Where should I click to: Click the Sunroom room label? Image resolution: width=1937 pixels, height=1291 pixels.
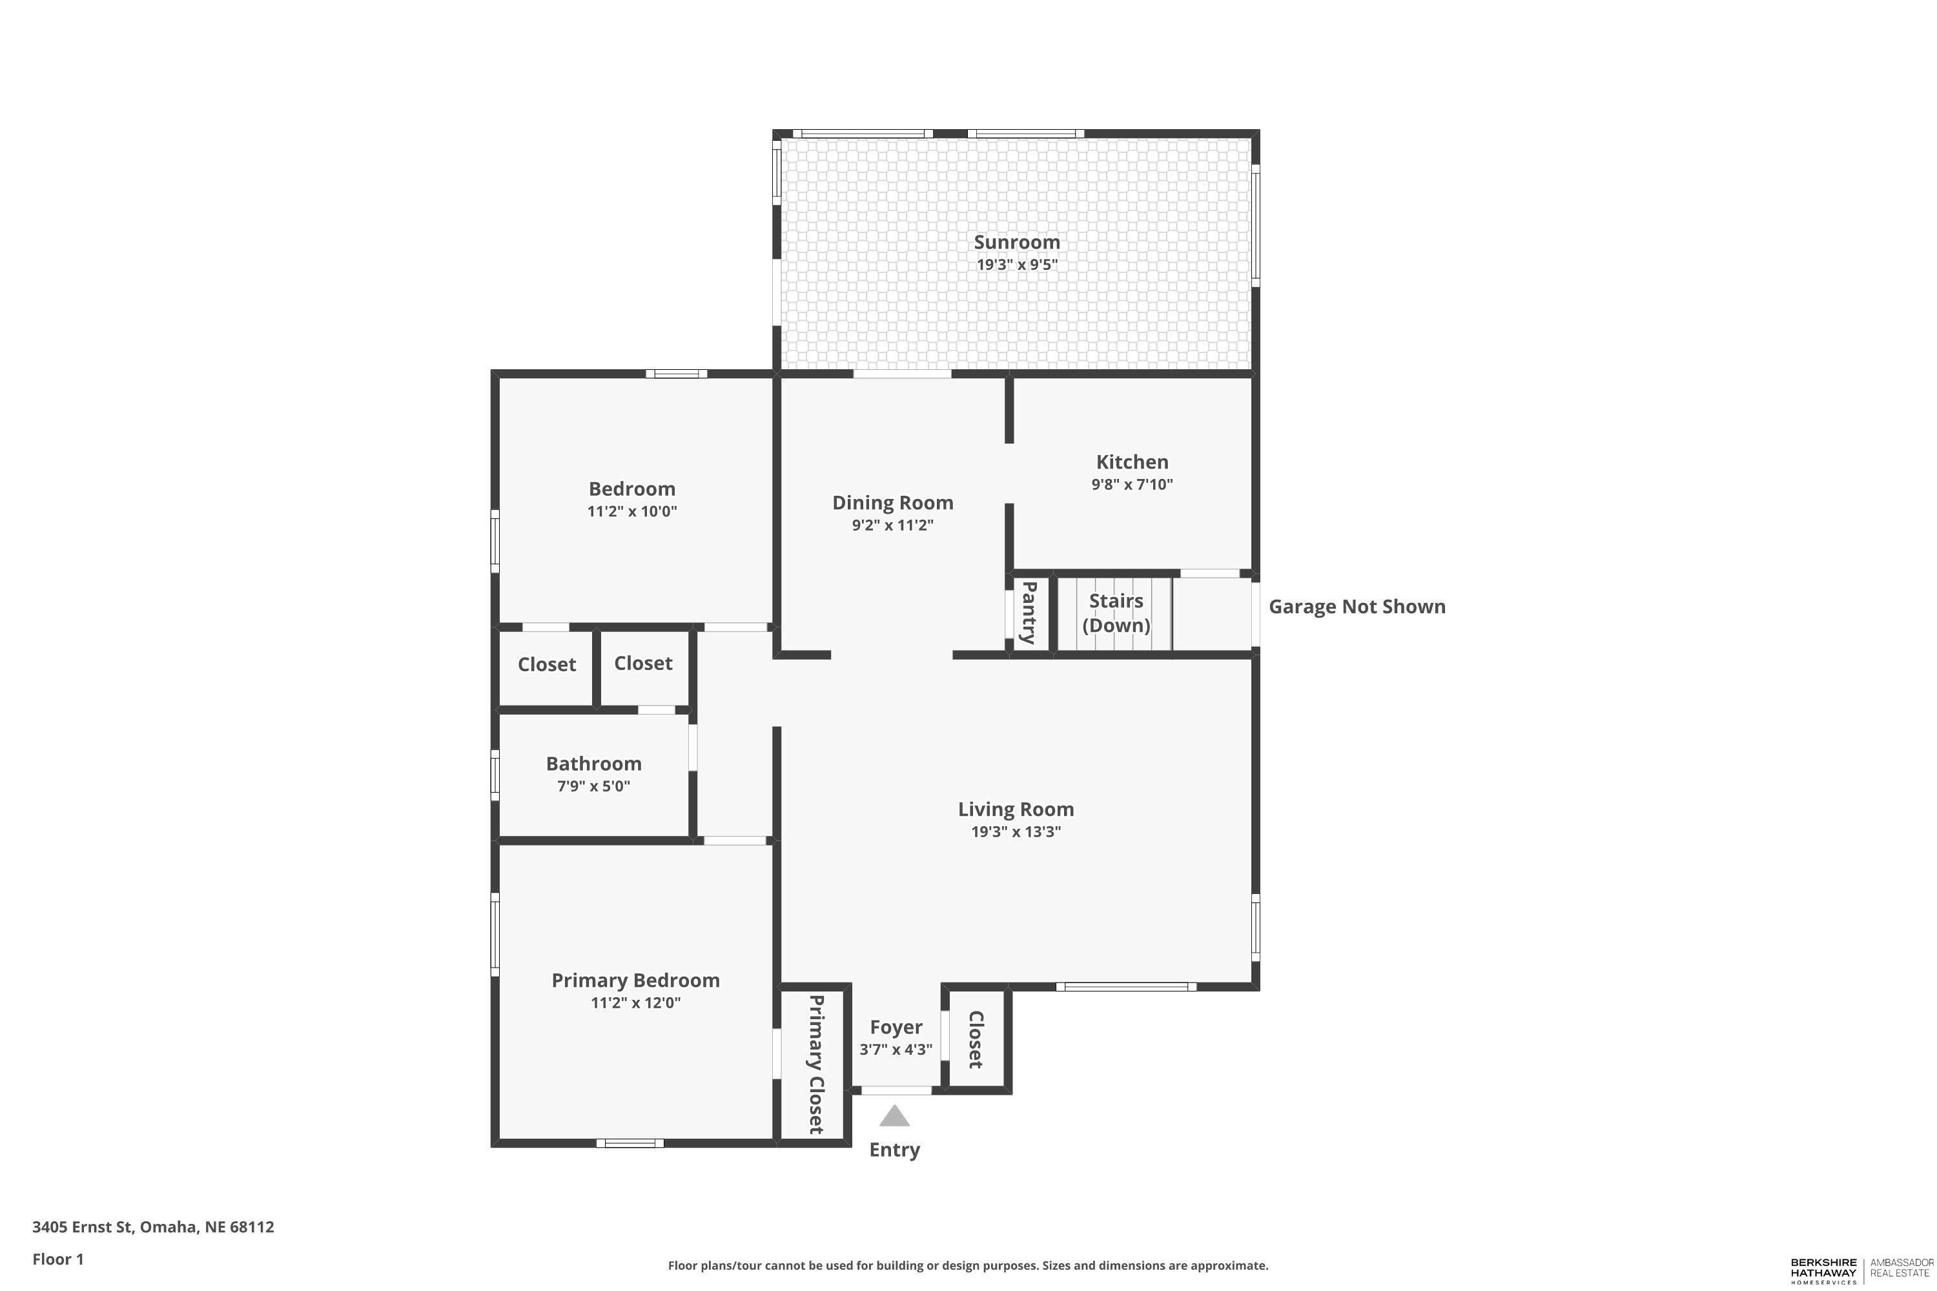pyautogui.click(x=1016, y=242)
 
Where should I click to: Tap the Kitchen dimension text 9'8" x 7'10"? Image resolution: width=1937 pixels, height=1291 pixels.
pyautogui.click(x=1132, y=484)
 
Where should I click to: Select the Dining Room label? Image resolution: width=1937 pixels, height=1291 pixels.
pyautogui.click(x=893, y=503)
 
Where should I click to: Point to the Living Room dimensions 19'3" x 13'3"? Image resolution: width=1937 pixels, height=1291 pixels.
pyautogui.click(x=1016, y=831)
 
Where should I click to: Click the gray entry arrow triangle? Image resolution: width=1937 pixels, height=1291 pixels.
pyautogui.click(x=894, y=1117)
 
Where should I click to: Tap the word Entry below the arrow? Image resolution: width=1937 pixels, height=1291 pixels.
pyautogui.click(x=894, y=1150)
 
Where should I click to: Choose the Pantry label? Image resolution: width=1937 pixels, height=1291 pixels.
pyautogui.click(x=1029, y=613)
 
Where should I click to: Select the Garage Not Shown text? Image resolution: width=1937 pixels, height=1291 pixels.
pyautogui.click(x=1357, y=607)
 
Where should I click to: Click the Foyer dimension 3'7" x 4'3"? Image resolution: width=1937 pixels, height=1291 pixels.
pyautogui.click(x=896, y=1050)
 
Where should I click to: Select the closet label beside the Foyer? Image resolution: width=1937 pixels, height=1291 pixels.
pyautogui.click(x=976, y=1040)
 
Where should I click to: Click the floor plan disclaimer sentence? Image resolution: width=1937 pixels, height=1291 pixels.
pyautogui.click(x=968, y=1265)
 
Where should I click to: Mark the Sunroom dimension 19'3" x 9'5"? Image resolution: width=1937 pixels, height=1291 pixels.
pyautogui.click(x=1016, y=264)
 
